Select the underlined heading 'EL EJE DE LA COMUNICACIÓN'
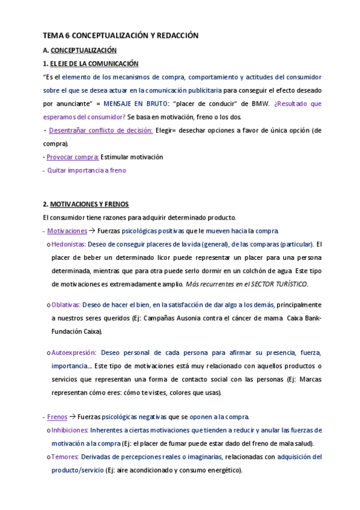click(94, 63)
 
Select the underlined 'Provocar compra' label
click(73, 157)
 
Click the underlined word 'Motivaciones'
click(67, 231)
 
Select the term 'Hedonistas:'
click(69, 244)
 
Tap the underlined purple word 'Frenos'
click(57, 417)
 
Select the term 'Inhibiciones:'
click(70, 430)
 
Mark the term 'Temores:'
click(65, 457)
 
